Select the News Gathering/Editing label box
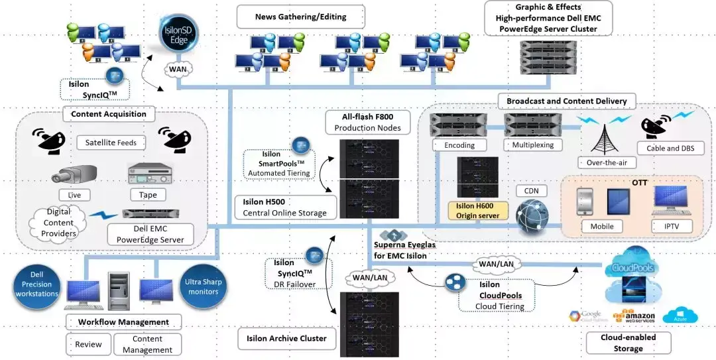(x=300, y=17)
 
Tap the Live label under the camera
(x=74, y=196)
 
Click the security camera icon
(x=74, y=175)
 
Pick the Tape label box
(x=148, y=196)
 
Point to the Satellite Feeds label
(x=111, y=143)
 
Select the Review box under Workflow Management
(x=89, y=344)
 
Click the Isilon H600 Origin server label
(x=478, y=211)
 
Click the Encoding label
(x=459, y=145)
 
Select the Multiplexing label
(x=532, y=145)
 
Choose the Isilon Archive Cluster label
(x=286, y=339)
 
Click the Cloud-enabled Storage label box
(x=628, y=343)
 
